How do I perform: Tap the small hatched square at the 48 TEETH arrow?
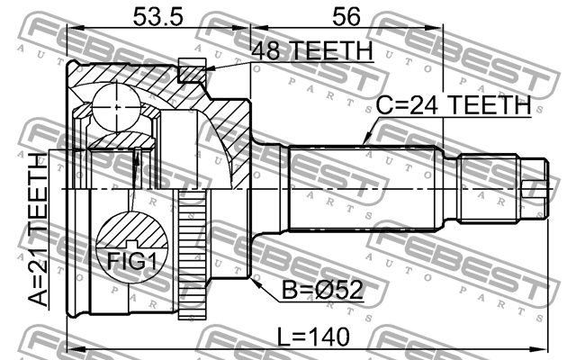tap(190, 68)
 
